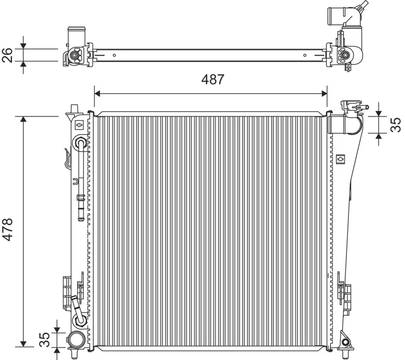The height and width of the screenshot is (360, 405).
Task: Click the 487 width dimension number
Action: (x=212, y=79)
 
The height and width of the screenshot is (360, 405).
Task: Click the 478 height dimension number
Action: (x=7, y=229)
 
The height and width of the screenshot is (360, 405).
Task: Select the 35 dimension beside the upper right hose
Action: (x=396, y=125)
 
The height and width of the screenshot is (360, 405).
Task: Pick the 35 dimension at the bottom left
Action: (x=45, y=339)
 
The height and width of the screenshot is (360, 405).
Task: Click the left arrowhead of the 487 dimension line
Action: (x=97, y=94)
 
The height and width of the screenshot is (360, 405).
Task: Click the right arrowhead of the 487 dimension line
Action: (x=324, y=94)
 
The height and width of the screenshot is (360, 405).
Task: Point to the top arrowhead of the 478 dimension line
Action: (x=23, y=119)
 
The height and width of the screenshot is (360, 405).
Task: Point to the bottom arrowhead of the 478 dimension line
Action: (x=23, y=344)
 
